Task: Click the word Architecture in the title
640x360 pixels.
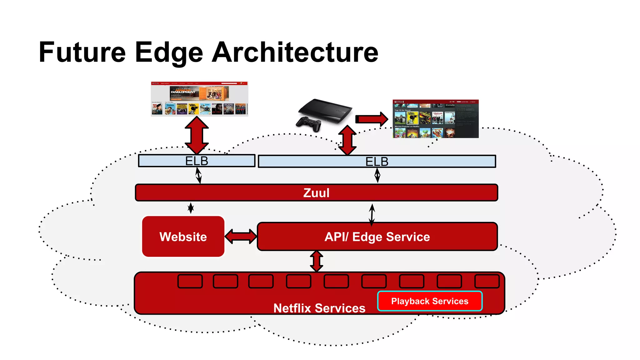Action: pyautogui.click(x=295, y=52)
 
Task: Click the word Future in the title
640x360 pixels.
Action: pyautogui.click(x=82, y=52)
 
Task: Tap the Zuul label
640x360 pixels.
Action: pyautogui.click(x=316, y=193)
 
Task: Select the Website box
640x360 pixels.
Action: pyautogui.click(x=183, y=237)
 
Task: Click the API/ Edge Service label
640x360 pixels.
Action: pyautogui.click(x=377, y=237)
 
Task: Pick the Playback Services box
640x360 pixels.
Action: pyautogui.click(x=430, y=301)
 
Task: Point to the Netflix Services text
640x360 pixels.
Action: pyautogui.click(x=319, y=308)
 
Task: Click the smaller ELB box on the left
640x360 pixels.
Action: pyautogui.click(x=197, y=161)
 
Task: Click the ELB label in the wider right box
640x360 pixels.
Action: pyautogui.click(x=377, y=162)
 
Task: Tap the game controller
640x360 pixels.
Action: pyautogui.click(x=308, y=124)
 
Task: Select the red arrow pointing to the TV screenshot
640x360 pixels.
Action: pyautogui.click(x=372, y=119)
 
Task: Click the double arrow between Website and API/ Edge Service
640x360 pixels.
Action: pyautogui.click(x=241, y=237)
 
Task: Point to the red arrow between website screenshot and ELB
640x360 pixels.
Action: pyautogui.click(x=197, y=135)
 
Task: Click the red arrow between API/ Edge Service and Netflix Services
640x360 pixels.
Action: pyautogui.click(x=317, y=261)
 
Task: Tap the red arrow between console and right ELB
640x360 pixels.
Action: pyautogui.click(x=347, y=140)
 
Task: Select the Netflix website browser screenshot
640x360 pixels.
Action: pyautogui.click(x=199, y=99)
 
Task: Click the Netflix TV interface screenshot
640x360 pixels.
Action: pyautogui.click(x=435, y=119)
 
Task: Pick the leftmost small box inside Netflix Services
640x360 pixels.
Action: pyautogui.click(x=190, y=281)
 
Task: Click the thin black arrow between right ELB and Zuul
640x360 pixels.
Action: pyautogui.click(x=377, y=175)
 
